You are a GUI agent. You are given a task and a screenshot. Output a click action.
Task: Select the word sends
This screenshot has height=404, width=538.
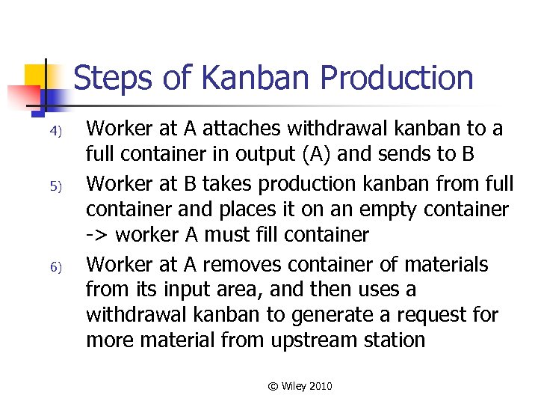[x=418, y=156]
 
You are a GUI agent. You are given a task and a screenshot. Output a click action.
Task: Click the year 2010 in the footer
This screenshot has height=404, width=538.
[x=319, y=386]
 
